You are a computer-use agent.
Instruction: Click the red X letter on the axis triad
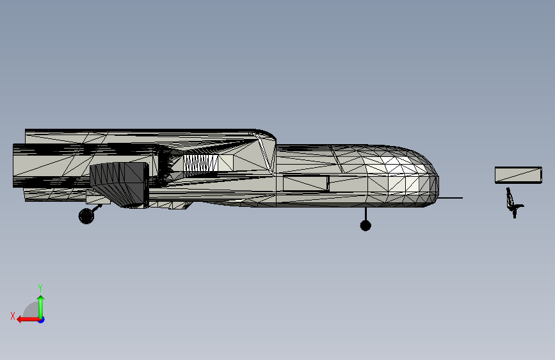(13, 316)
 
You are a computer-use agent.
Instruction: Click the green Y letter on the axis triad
(40, 288)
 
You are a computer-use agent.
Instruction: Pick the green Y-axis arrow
(41, 304)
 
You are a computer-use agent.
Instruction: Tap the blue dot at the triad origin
(41, 319)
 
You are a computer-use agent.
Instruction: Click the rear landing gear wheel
(86, 216)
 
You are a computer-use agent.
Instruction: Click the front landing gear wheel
(366, 225)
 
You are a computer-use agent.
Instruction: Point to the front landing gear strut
(366, 214)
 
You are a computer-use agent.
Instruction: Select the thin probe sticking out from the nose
(451, 198)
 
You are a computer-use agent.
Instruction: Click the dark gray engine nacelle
(119, 183)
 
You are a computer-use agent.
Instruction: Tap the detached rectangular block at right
(518, 174)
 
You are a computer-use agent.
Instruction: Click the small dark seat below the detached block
(513, 202)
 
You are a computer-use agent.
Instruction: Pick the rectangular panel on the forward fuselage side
(305, 183)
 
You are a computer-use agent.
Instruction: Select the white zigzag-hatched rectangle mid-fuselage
(200, 163)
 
